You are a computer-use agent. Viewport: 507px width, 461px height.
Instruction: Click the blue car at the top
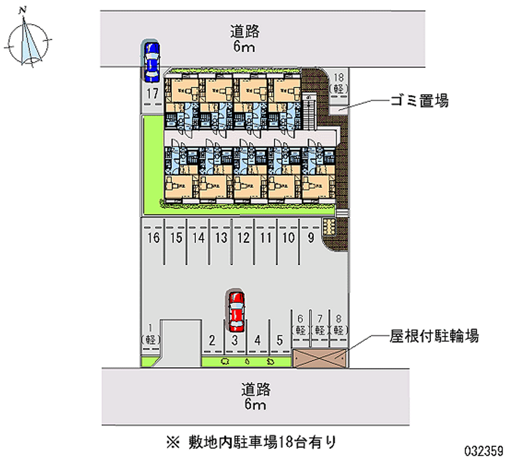pyautogui.click(x=152, y=62)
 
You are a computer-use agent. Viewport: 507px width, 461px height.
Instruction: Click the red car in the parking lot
pyautogui.click(x=236, y=311)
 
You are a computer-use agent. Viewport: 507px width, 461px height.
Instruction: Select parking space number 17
pyautogui.click(x=151, y=94)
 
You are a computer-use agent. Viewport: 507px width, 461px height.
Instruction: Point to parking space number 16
pyautogui.click(x=153, y=238)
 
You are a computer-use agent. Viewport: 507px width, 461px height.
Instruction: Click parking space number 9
pyautogui.click(x=311, y=238)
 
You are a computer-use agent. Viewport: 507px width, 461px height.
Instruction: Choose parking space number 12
pyautogui.click(x=243, y=238)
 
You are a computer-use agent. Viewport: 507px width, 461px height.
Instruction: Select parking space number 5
pyautogui.click(x=279, y=340)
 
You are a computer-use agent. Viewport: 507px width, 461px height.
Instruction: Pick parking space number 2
pyautogui.click(x=212, y=340)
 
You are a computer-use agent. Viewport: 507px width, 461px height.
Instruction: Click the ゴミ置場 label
pyautogui.click(x=419, y=100)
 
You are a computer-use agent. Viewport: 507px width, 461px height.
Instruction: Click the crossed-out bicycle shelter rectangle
pyautogui.click(x=320, y=358)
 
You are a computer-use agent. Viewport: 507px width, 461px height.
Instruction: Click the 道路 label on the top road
pyautogui.click(x=245, y=30)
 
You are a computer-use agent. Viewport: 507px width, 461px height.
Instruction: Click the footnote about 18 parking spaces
pyautogui.click(x=251, y=439)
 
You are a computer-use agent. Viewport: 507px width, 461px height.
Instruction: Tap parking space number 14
pyautogui.click(x=198, y=238)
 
